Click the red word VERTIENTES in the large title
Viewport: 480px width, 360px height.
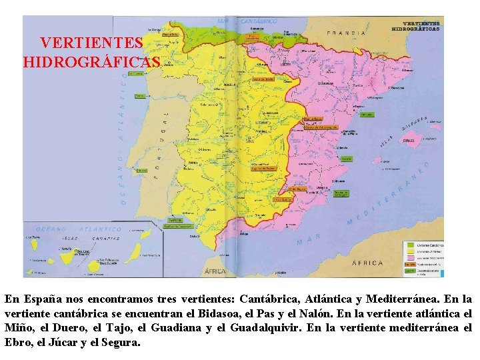point(91,43)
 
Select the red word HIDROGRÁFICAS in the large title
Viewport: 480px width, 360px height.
point(91,63)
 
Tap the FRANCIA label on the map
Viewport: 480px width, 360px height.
point(346,32)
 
